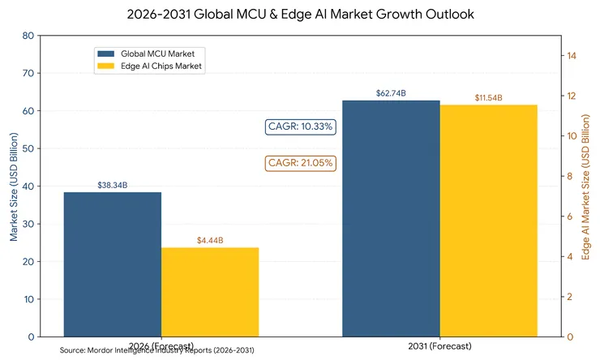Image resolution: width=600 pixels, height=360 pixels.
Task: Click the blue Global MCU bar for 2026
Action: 113,264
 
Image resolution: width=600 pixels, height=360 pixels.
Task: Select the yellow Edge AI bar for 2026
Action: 210,292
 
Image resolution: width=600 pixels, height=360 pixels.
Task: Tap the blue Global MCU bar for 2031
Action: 391,218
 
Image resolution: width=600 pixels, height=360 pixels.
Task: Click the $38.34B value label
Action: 113,186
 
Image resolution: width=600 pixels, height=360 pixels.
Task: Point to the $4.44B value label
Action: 210,241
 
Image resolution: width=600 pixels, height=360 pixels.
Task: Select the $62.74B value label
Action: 391,93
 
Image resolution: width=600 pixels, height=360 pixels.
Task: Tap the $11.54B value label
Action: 488,98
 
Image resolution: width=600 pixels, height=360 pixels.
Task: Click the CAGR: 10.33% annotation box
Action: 301,126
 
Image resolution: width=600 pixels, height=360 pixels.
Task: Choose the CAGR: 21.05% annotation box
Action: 301,163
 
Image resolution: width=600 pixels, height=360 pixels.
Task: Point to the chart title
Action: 299,14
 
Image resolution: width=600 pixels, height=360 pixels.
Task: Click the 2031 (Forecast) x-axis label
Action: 439,346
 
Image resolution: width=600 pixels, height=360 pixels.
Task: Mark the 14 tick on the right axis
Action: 571,56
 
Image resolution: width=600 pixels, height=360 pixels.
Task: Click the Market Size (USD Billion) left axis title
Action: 14,186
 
